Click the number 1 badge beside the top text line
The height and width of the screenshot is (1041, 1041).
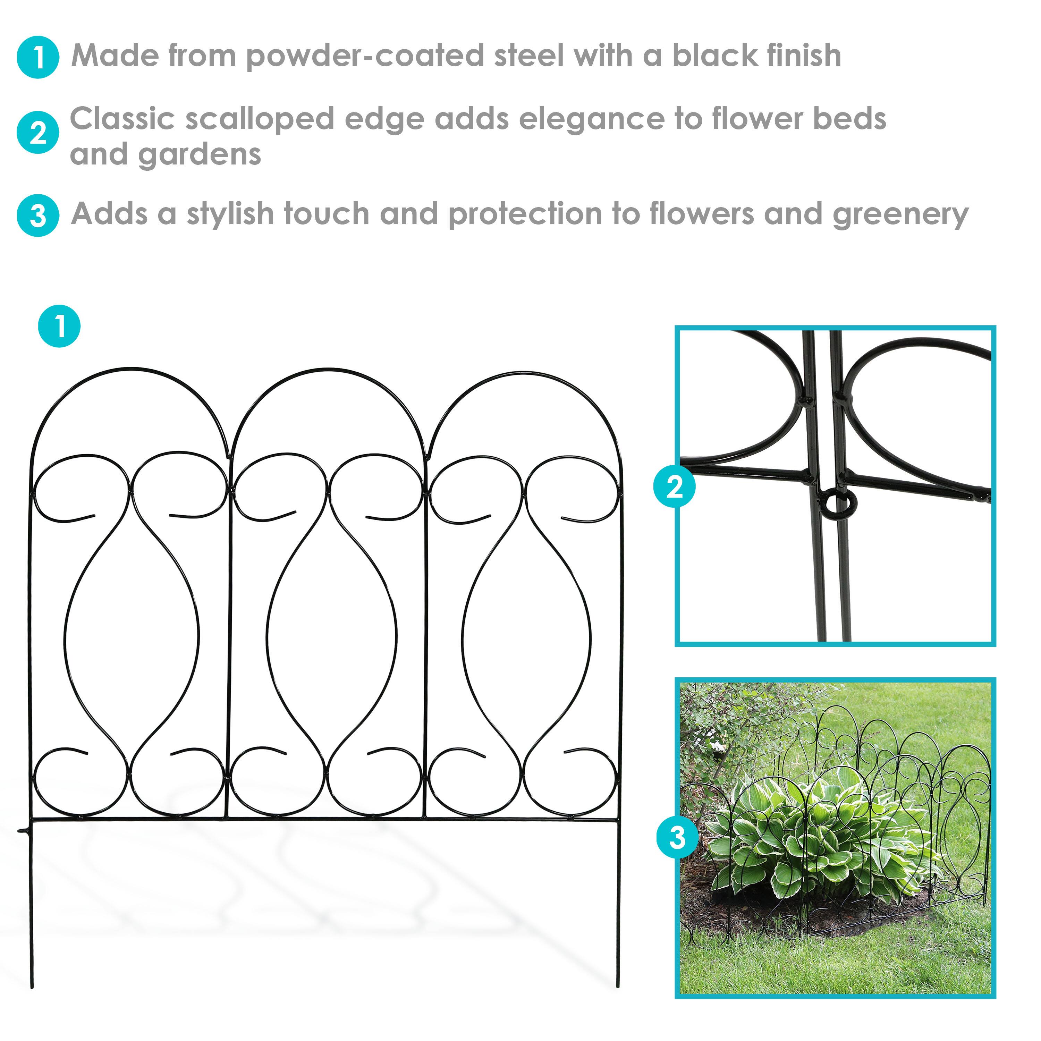pos(38,57)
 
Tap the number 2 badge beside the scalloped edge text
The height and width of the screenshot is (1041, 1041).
pos(38,133)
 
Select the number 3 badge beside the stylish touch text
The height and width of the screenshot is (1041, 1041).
pos(38,215)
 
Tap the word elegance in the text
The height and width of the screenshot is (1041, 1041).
pos(591,120)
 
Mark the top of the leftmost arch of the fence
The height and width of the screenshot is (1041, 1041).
pos(129,370)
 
